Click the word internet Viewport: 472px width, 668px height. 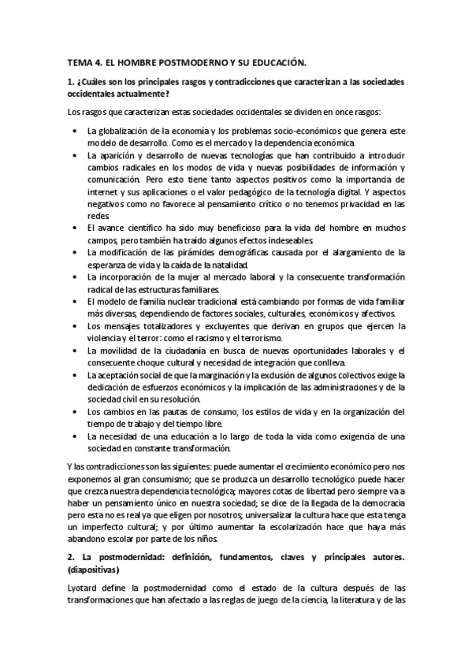(x=104, y=191)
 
